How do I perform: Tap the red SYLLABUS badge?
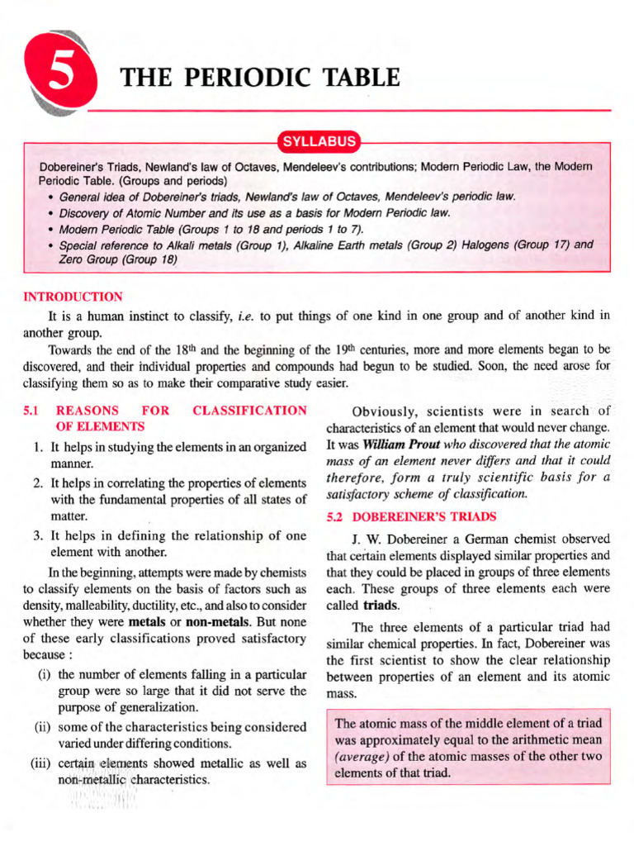click(x=319, y=141)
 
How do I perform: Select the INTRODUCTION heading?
click(x=73, y=297)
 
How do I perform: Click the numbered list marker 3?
click(x=38, y=535)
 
